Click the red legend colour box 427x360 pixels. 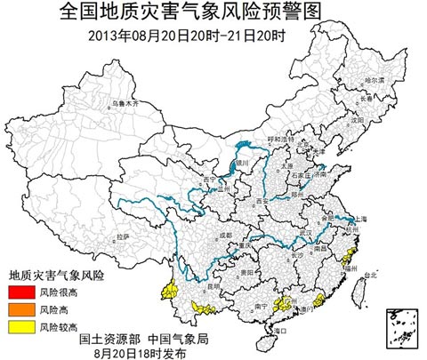coord(19,292)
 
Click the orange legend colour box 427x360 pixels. coord(19,309)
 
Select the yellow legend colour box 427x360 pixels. coord(19,327)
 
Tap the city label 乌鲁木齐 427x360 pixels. coord(127,103)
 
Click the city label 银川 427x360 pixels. coord(241,164)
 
